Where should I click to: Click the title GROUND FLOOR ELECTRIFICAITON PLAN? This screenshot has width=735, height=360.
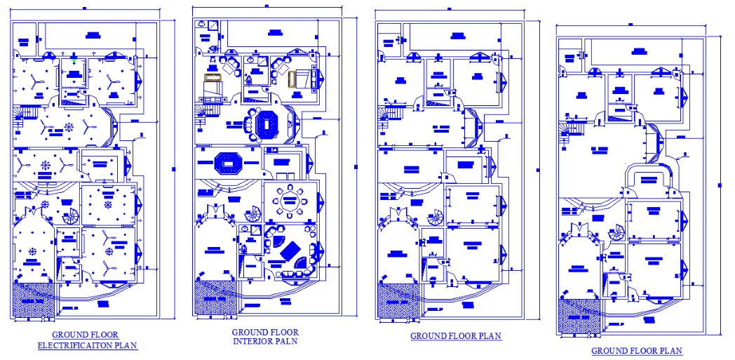[x=86, y=340]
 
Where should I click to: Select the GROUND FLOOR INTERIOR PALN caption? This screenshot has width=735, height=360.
[x=264, y=337]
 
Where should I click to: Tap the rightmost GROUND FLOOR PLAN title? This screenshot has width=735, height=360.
[x=636, y=350]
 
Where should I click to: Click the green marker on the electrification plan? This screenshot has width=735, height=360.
[x=74, y=60]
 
